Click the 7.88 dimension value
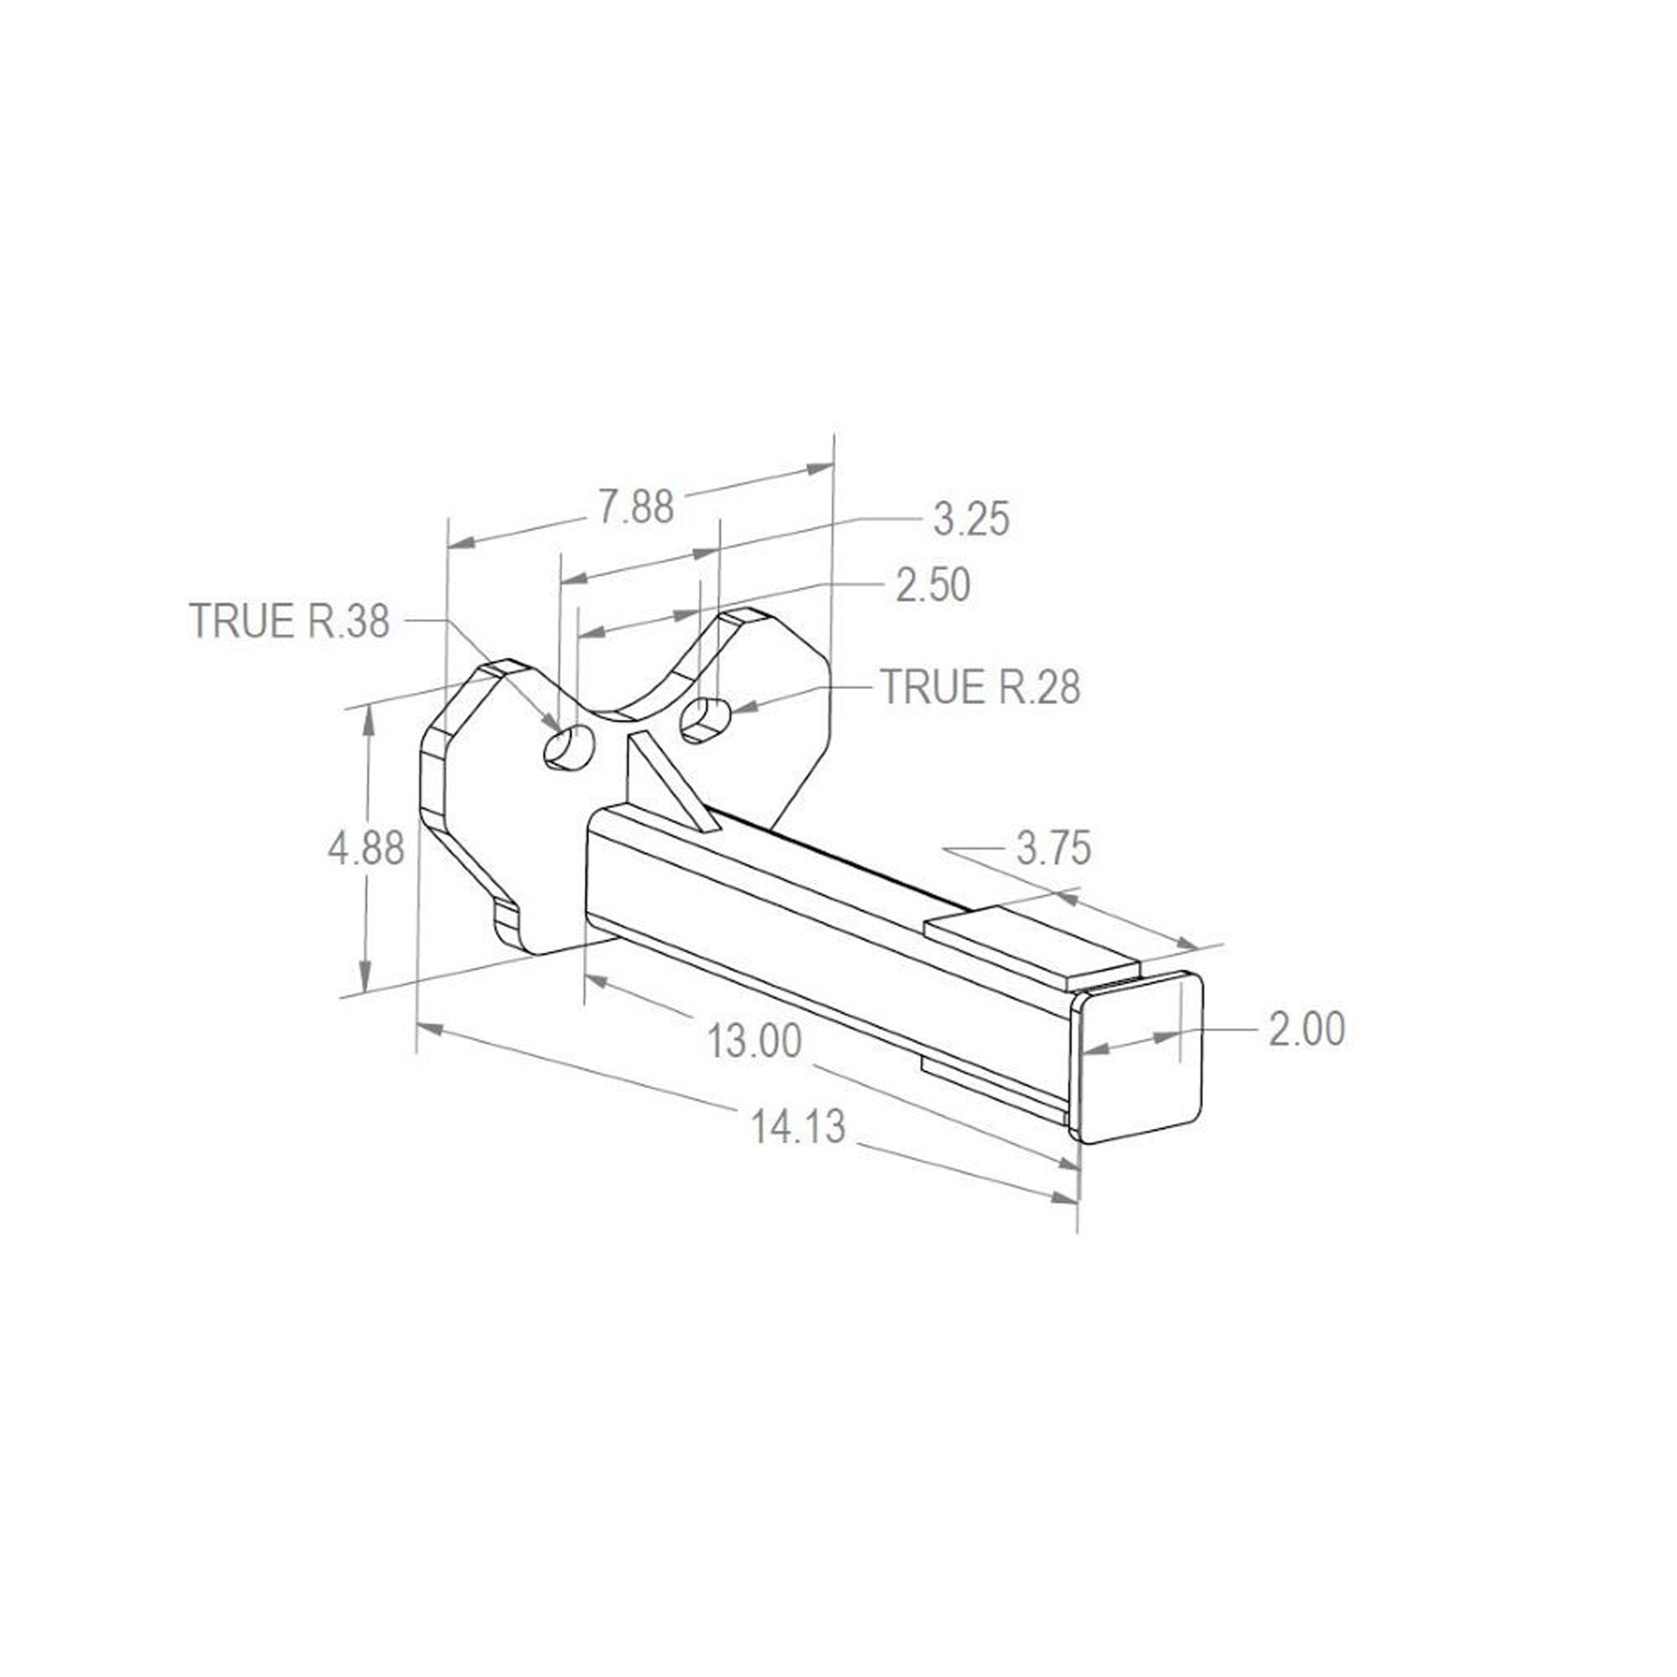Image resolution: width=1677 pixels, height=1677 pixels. pos(637,507)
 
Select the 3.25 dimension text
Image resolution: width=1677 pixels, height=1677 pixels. pos(972,520)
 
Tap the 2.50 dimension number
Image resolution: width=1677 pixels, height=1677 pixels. pos(933,586)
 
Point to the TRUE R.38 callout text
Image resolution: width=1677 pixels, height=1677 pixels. pos(290,620)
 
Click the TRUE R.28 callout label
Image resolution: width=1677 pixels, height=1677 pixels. pos(981,687)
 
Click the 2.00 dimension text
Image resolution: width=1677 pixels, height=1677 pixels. pos(1307,1029)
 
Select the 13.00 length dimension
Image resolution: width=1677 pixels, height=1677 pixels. pos(755,1041)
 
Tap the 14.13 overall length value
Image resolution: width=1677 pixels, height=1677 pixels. pos(797,1127)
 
